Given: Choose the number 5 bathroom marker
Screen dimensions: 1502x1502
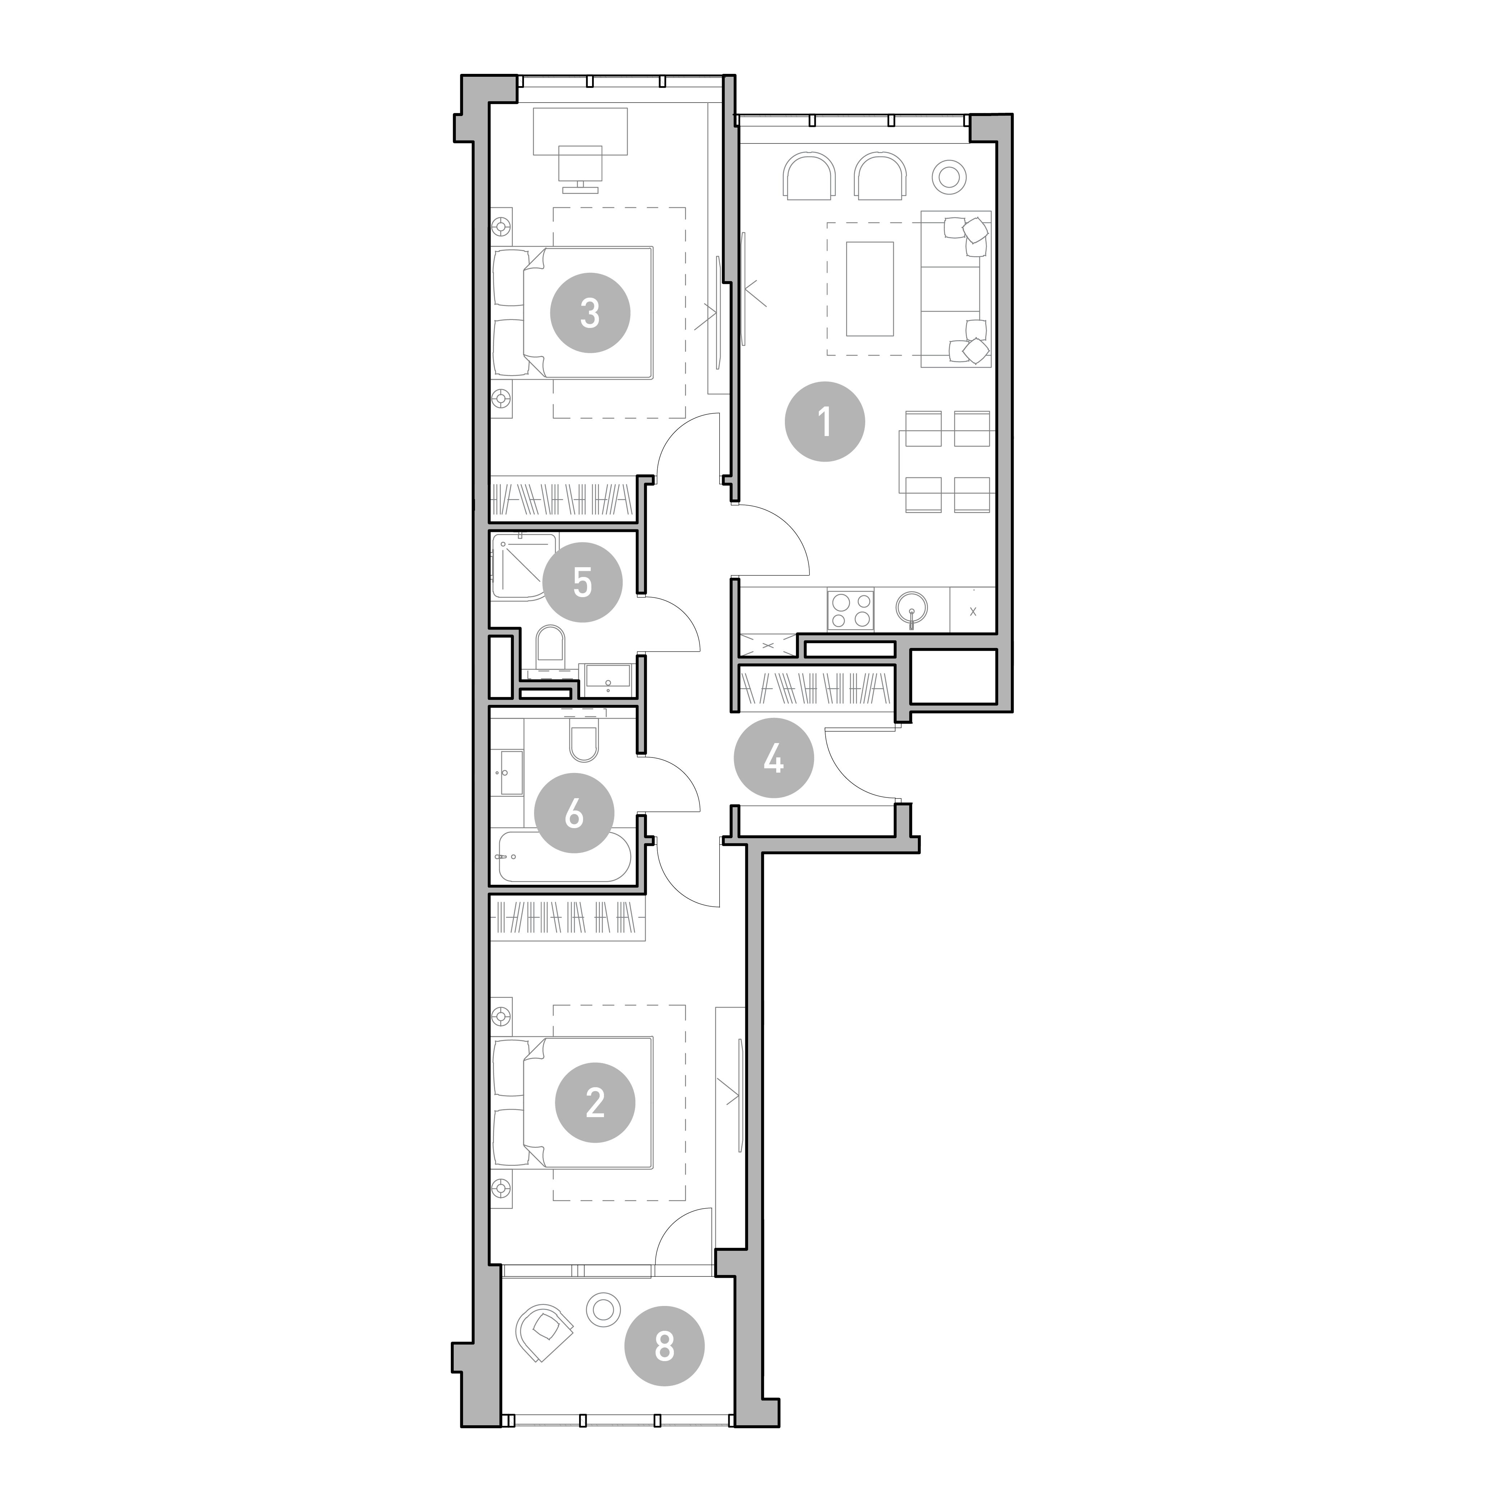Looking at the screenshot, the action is pos(582,582).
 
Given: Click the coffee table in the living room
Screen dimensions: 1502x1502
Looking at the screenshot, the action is pos(870,288).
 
